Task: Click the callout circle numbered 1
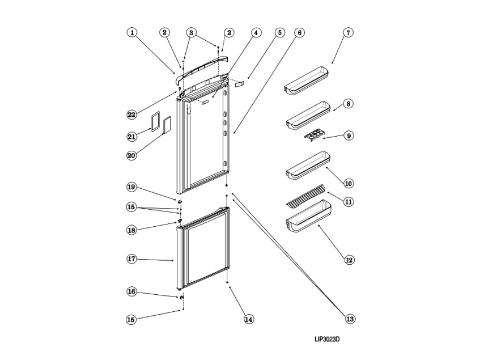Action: [131, 33]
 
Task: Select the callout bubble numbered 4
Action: [256, 33]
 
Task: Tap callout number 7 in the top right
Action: [348, 33]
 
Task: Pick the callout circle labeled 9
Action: [349, 136]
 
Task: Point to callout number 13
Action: [350, 319]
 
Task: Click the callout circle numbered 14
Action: [248, 319]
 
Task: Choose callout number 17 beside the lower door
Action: [131, 259]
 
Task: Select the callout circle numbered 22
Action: [131, 115]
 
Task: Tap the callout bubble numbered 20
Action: [131, 155]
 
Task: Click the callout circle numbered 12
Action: [349, 260]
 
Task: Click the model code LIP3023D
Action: [331, 340]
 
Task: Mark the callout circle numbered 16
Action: [131, 291]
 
